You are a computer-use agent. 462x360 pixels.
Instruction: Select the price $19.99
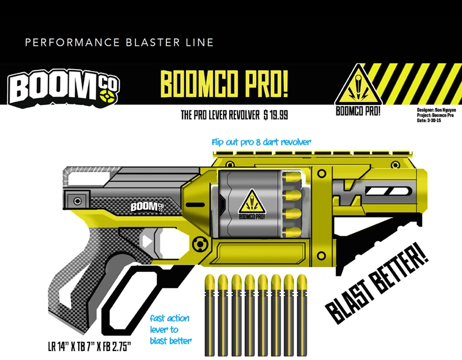pyautogui.click(x=277, y=116)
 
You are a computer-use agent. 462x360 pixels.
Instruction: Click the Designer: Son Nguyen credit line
pyautogui.click(x=436, y=110)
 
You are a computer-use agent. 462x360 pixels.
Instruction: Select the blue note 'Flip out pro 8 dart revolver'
pyautogui.click(x=261, y=142)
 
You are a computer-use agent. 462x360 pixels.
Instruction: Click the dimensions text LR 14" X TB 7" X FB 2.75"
pyautogui.click(x=89, y=347)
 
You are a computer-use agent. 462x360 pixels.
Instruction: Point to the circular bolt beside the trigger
pyautogui.click(x=199, y=243)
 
